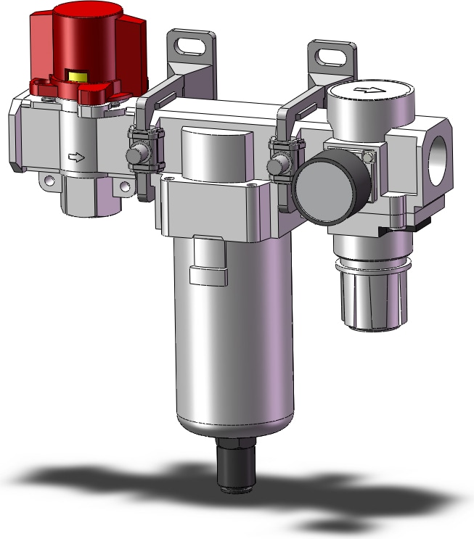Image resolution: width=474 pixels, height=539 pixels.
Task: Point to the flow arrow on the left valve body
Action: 75,157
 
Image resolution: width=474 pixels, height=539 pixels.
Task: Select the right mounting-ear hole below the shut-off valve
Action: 126,187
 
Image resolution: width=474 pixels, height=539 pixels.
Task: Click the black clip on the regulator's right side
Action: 396,230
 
